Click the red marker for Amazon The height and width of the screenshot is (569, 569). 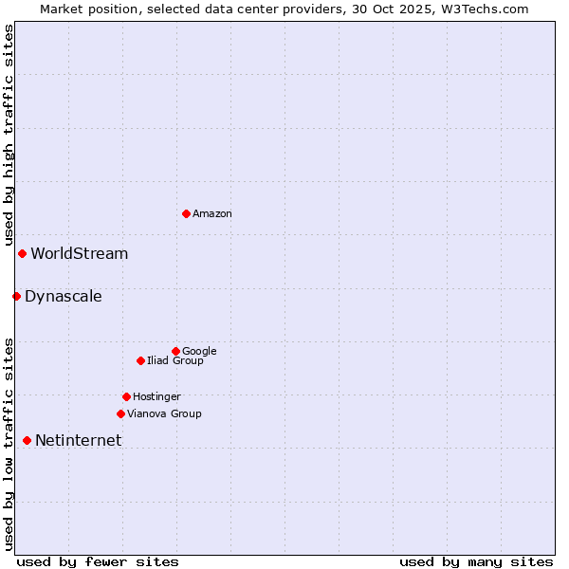click(186, 213)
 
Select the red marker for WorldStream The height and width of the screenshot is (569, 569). click(22, 253)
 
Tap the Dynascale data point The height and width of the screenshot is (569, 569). click(16, 296)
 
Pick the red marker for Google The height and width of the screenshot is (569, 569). click(175, 351)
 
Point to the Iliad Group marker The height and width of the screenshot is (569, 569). click(140, 360)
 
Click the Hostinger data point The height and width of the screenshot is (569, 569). click(126, 396)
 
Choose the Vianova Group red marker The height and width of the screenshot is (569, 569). click(120, 413)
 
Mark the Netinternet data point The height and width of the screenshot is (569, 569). click(27, 440)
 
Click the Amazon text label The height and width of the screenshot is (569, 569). click(212, 214)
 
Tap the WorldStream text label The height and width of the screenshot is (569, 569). click(80, 254)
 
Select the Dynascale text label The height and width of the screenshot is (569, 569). click(64, 297)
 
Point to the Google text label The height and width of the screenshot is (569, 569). click(199, 352)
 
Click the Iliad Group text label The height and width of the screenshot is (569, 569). click(175, 361)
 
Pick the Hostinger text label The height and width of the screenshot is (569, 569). click(156, 397)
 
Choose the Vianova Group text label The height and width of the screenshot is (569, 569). click(164, 414)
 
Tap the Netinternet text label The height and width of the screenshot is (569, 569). click(79, 441)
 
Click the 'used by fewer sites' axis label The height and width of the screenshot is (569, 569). click(98, 561)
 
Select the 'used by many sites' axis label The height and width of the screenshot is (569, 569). click(476, 561)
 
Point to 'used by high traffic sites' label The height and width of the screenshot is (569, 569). click(9, 136)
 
